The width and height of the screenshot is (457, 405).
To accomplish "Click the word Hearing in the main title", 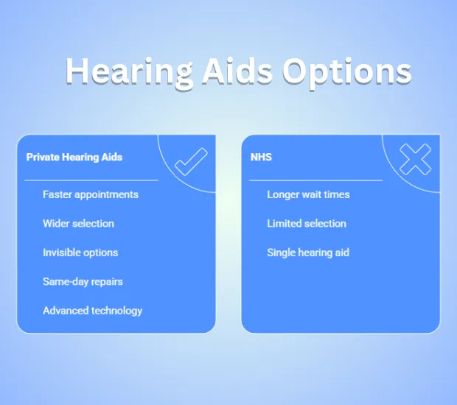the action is pos(129,72).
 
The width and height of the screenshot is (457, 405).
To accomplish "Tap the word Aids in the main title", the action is pos(237,71).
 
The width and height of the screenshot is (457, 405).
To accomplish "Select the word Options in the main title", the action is pos(347,72).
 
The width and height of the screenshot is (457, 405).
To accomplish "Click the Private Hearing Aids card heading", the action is pos(74,158).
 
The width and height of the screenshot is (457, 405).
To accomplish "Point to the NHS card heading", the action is pos(261,158).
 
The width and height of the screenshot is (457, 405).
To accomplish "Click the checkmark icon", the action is pos(191,162).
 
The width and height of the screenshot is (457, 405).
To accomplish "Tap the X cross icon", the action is pos(415,160).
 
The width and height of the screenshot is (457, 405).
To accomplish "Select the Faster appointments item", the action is pos(91,194).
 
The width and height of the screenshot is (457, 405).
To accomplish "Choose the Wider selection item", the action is pos(78,224).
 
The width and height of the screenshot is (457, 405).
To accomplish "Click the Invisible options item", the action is pos(80,253).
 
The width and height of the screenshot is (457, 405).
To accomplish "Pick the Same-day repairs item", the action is pos(83,282).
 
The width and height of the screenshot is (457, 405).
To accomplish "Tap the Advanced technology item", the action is pos(93,311).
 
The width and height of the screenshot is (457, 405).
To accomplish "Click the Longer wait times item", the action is pos(308,194).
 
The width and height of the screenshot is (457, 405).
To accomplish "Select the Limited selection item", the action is pos(307,224).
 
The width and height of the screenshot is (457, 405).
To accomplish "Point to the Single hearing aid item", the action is pos(308,253).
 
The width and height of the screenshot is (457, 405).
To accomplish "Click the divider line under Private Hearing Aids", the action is pos(91,180).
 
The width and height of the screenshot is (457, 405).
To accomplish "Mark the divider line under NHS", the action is pos(315,180).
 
